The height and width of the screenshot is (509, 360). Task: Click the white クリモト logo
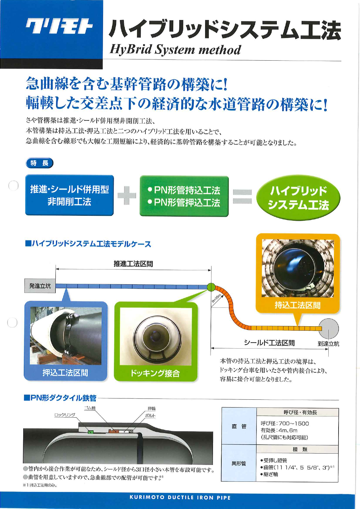click(x=59, y=27)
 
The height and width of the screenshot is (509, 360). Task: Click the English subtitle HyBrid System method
click(x=175, y=50)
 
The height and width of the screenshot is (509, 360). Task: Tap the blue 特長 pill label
click(x=40, y=163)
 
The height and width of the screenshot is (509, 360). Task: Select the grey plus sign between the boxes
click(x=127, y=195)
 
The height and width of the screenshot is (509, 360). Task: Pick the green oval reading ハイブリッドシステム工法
click(x=298, y=198)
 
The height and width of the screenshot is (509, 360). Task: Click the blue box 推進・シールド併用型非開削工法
click(x=69, y=195)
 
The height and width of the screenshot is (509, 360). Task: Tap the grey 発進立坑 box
click(x=40, y=286)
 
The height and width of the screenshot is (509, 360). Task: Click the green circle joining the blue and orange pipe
click(x=211, y=287)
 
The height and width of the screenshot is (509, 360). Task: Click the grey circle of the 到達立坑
click(x=329, y=328)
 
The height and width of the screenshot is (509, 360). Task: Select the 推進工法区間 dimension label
click(x=133, y=264)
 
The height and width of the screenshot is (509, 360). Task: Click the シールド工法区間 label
click(x=269, y=343)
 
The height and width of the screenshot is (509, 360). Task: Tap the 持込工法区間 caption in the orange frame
click(x=297, y=305)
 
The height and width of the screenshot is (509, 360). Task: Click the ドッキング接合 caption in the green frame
click(x=155, y=373)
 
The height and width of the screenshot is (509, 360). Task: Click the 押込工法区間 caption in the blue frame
click(x=65, y=373)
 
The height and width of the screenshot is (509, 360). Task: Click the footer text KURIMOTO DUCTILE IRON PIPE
click(x=180, y=497)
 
